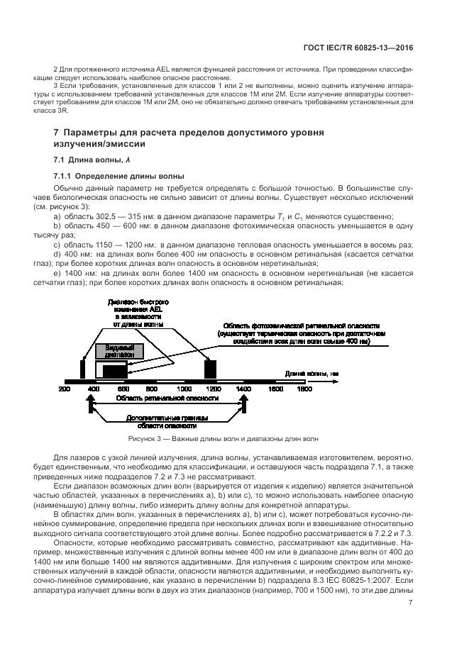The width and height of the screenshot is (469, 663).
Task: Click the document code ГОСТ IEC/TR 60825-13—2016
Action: [362, 48]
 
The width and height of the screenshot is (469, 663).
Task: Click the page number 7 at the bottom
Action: [410, 603]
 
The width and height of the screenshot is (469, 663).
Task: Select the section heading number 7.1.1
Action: [67, 175]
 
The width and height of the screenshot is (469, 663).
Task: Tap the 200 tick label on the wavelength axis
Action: [64, 390]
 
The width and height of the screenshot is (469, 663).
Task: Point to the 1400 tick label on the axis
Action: [243, 390]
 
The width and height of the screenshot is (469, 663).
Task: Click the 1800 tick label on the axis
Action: [304, 390]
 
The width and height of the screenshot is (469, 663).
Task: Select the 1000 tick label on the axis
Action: [184, 390]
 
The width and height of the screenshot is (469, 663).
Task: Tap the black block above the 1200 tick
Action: [210, 369]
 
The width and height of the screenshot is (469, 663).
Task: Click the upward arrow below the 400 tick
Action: [90, 405]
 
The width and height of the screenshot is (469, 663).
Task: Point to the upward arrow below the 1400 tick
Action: [243, 405]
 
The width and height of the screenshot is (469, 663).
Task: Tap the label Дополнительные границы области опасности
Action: [167, 422]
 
